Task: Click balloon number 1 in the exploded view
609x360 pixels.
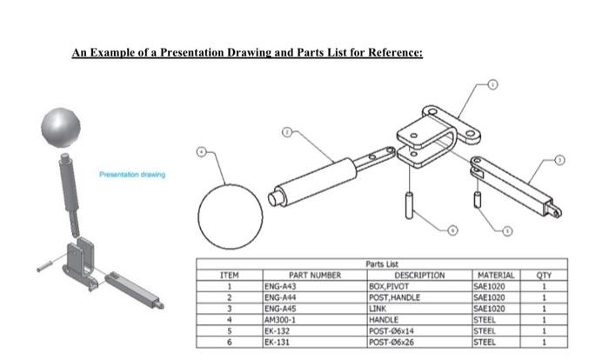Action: pyautogui.click(x=492, y=84)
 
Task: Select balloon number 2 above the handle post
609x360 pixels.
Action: pyautogui.click(x=286, y=134)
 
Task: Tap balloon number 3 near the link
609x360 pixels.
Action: pyautogui.click(x=559, y=160)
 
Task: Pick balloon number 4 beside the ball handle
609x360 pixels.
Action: pyautogui.click(x=202, y=151)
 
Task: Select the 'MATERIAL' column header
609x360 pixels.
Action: pyautogui.click(x=494, y=275)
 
